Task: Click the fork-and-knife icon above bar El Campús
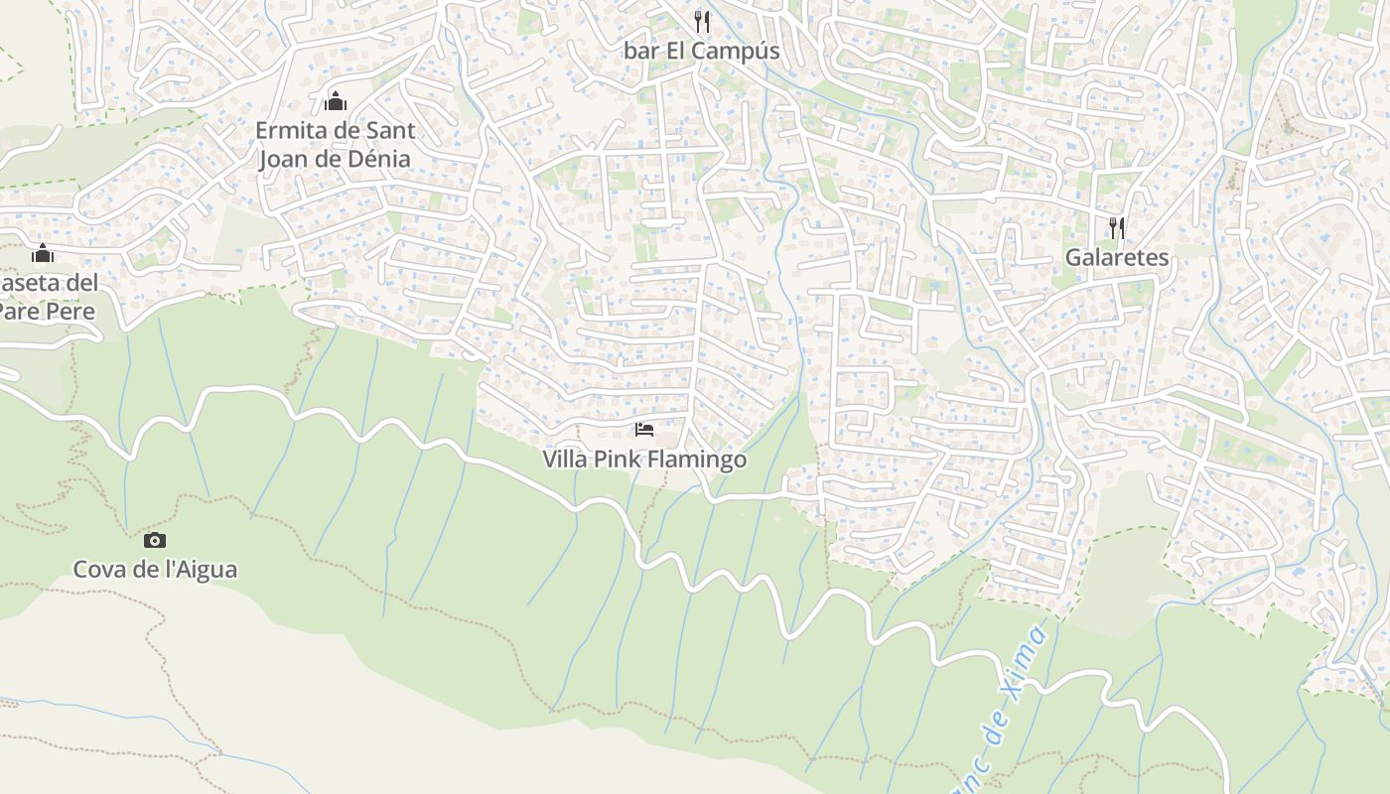(702, 21)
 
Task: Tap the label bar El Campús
(701, 51)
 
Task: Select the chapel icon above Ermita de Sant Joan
(336, 101)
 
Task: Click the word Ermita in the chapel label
(289, 130)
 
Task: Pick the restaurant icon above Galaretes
(1117, 228)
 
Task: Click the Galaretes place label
(1117, 258)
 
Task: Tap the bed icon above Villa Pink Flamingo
(644, 430)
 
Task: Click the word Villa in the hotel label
(565, 461)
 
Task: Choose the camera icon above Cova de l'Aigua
(155, 540)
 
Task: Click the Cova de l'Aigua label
(155, 570)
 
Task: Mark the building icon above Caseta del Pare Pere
(42, 253)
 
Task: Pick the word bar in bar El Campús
(641, 51)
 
